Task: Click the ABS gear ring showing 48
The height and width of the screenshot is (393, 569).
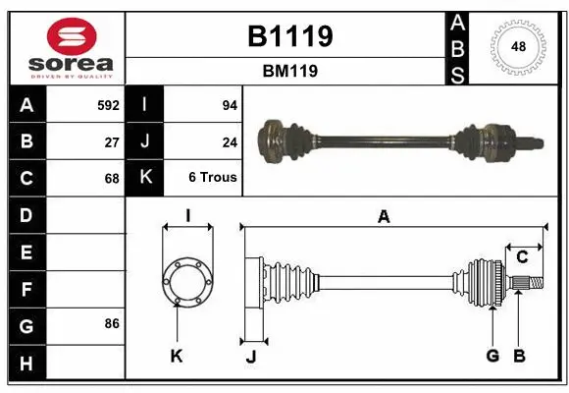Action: click(517, 46)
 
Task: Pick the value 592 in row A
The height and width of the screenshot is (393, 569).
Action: click(108, 104)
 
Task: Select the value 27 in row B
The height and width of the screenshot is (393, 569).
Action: click(112, 141)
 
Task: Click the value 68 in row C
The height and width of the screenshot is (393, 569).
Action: click(112, 179)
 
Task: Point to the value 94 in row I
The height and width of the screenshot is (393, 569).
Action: click(230, 104)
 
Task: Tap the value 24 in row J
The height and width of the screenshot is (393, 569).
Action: click(230, 141)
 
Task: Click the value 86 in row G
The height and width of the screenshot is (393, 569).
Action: click(112, 323)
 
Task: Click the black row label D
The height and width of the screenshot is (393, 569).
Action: click(26, 214)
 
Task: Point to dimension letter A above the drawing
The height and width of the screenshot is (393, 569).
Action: click(384, 217)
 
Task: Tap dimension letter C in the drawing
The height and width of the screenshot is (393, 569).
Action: click(523, 257)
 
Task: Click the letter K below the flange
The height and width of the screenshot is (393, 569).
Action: click(177, 356)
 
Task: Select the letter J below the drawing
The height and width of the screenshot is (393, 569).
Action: click(250, 356)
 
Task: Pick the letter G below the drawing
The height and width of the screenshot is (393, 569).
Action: click(492, 356)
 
